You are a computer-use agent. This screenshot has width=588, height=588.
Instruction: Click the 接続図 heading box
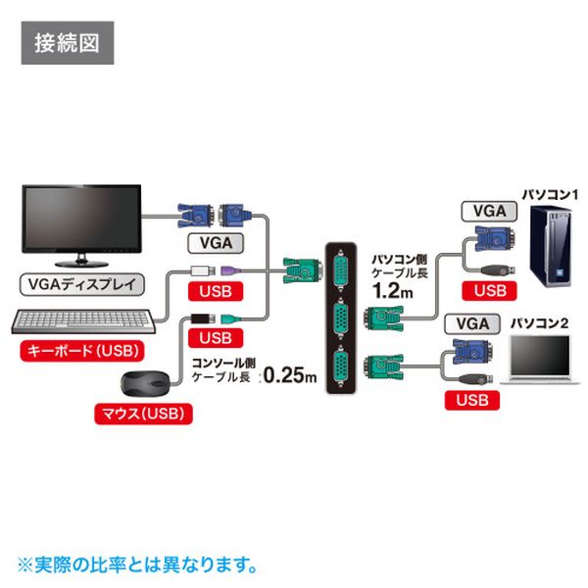click(67, 44)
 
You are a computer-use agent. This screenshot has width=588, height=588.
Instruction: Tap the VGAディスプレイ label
click(81, 286)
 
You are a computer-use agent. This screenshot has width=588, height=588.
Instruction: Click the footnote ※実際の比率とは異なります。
click(137, 565)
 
